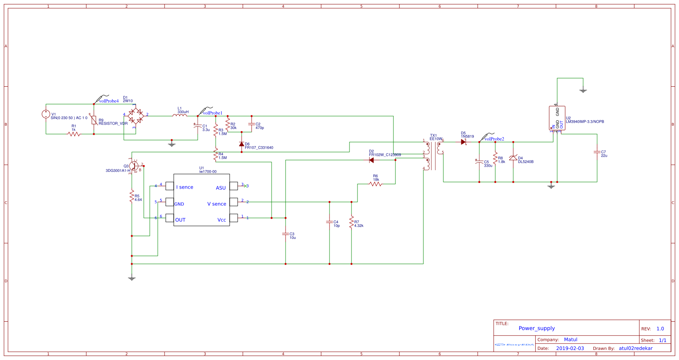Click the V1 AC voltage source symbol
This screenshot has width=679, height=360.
click(x=46, y=114)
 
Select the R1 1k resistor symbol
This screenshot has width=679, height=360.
click(x=74, y=134)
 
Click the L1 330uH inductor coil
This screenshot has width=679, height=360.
click(x=180, y=115)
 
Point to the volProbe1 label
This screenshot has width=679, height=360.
click(x=212, y=113)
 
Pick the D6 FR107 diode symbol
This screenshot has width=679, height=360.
click(x=242, y=144)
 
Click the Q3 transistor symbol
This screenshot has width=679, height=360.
click(x=134, y=166)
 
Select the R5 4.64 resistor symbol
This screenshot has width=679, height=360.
click(x=132, y=196)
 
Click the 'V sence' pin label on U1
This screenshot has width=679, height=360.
click(x=216, y=204)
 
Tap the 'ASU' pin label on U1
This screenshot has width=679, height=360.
click(x=220, y=188)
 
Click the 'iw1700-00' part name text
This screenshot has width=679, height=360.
click(x=208, y=172)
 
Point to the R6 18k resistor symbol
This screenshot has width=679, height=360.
click(x=376, y=184)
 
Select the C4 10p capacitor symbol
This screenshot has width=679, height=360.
click(x=330, y=222)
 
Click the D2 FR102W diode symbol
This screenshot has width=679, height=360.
click(x=371, y=160)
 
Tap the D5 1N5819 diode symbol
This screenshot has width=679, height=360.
click(x=463, y=142)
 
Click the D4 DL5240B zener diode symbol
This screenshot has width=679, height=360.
click(x=513, y=158)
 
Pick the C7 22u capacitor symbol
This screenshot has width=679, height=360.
click(x=597, y=152)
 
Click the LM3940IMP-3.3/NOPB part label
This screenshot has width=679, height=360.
click(x=585, y=122)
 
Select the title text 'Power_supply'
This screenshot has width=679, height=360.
click(x=536, y=328)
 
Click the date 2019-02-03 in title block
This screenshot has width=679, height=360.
click(x=570, y=348)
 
